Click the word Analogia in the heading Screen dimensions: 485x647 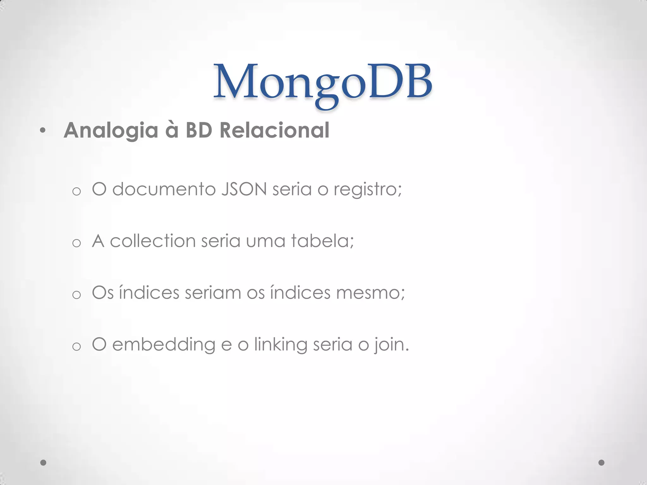[111, 130]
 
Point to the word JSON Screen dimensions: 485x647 [244, 189]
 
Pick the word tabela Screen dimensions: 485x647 [322, 241]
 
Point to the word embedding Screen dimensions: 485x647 [164, 345]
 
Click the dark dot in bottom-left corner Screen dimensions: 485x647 [43, 463]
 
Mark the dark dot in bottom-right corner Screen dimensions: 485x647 [602, 463]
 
